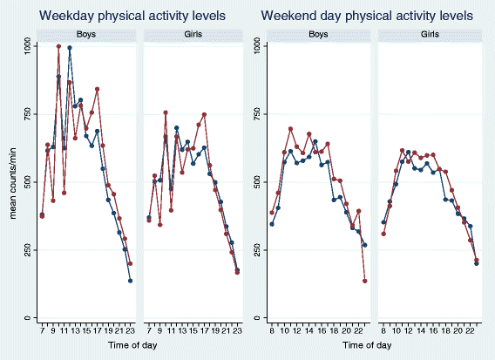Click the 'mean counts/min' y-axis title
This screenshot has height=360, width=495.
[x=10, y=181]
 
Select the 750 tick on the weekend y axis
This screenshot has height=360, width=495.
[x=254, y=113]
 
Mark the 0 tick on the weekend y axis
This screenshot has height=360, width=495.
[x=254, y=317]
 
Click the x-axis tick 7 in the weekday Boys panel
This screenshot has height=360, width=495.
[x=42, y=329]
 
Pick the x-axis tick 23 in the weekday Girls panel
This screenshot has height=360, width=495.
[x=237, y=329]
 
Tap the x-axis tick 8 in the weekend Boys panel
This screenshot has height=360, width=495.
[x=272, y=329]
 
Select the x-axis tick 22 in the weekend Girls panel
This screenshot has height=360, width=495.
[x=470, y=329]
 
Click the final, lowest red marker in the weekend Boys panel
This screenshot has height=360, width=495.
[x=364, y=281]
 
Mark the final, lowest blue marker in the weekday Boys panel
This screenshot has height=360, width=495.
[x=130, y=281]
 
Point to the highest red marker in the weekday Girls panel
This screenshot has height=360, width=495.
[x=166, y=112]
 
